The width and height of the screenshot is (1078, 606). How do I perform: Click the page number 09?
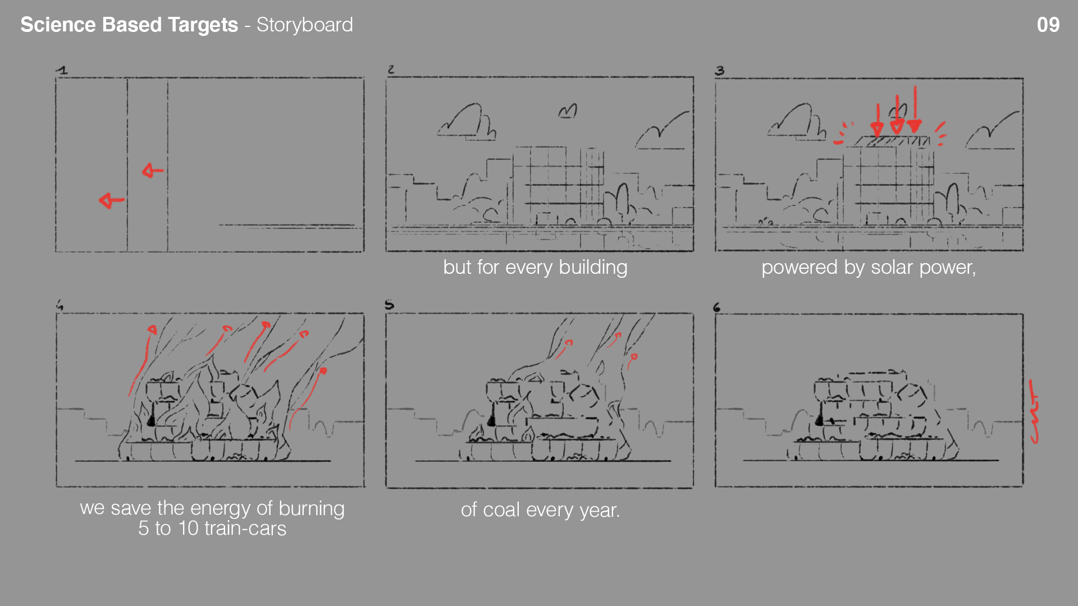[1048, 25]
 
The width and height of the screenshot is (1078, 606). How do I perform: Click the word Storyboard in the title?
[305, 25]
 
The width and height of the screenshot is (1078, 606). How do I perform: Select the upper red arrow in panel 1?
[153, 170]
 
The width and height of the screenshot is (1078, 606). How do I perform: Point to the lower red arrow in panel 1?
[111, 200]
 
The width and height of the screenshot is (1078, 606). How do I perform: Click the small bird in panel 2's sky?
[568, 111]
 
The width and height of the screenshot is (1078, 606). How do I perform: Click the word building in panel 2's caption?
[593, 268]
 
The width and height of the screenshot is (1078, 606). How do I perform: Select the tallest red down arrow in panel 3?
[915, 109]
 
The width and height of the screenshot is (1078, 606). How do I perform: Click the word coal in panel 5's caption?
[501, 510]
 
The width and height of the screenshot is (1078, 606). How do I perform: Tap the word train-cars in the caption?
[245, 529]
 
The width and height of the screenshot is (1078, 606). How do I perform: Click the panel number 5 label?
[390, 305]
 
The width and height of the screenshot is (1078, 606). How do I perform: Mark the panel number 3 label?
[720, 71]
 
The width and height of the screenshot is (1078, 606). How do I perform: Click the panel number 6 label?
[716, 307]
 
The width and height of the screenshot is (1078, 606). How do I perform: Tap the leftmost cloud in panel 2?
[467, 122]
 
